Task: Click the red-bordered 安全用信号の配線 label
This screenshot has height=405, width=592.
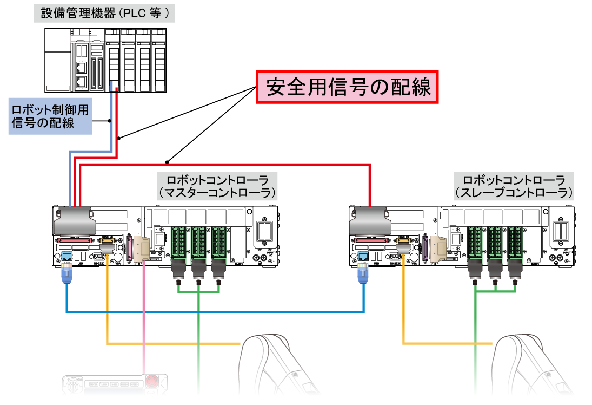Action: click(347, 87)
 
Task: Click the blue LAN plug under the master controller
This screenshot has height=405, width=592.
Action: click(66, 275)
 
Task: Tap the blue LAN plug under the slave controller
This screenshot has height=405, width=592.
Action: click(363, 275)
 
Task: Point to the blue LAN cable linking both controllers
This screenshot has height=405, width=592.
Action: click(216, 312)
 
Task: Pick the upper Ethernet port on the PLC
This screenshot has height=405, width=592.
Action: click(81, 68)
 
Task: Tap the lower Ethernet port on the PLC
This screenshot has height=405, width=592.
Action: click(81, 83)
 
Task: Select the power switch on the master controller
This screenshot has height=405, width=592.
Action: click(159, 238)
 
